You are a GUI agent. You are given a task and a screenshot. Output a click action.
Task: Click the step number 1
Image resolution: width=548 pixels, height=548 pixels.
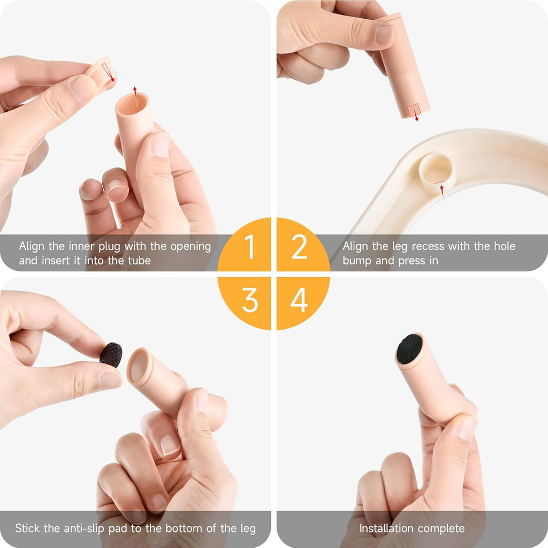pyautogui.click(x=249, y=247)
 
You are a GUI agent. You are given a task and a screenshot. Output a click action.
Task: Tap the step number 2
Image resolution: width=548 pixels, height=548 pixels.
pyautogui.click(x=300, y=247)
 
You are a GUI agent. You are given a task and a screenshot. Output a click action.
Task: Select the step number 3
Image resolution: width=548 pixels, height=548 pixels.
pyautogui.click(x=250, y=300)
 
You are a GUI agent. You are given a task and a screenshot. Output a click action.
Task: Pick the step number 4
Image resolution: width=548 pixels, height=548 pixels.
pyautogui.click(x=299, y=300)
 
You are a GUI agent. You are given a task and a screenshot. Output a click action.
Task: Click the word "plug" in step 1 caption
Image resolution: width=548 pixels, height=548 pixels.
pyautogui.click(x=109, y=247)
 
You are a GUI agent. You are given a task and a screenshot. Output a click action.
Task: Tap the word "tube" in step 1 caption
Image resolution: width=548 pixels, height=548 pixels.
pyautogui.click(x=139, y=261)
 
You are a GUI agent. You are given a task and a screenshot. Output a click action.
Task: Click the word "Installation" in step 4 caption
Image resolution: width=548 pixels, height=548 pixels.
pyautogui.click(x=386, y=528)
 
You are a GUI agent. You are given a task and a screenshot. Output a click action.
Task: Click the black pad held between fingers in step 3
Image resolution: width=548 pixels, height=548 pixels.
pyautogui.click(x=111, y=355)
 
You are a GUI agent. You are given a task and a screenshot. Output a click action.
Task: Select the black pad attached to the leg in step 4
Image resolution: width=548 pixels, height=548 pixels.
pyautogui.click(x=410, y=348)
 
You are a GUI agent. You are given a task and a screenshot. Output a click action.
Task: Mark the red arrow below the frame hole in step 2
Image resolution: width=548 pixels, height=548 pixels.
pyautogui.click(x=442, y=191)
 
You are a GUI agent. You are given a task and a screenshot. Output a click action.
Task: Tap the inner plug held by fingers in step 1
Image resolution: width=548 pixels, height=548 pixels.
pyautogui.click(x=101, y=73)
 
